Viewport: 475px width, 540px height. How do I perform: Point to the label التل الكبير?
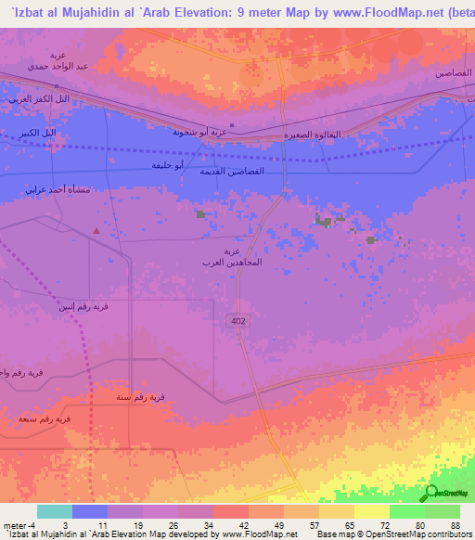click(x=37, y=133)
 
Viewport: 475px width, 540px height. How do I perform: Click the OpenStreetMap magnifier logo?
click(x=430, y=493)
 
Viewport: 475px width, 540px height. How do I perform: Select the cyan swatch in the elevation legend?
click(x=55, y=511)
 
